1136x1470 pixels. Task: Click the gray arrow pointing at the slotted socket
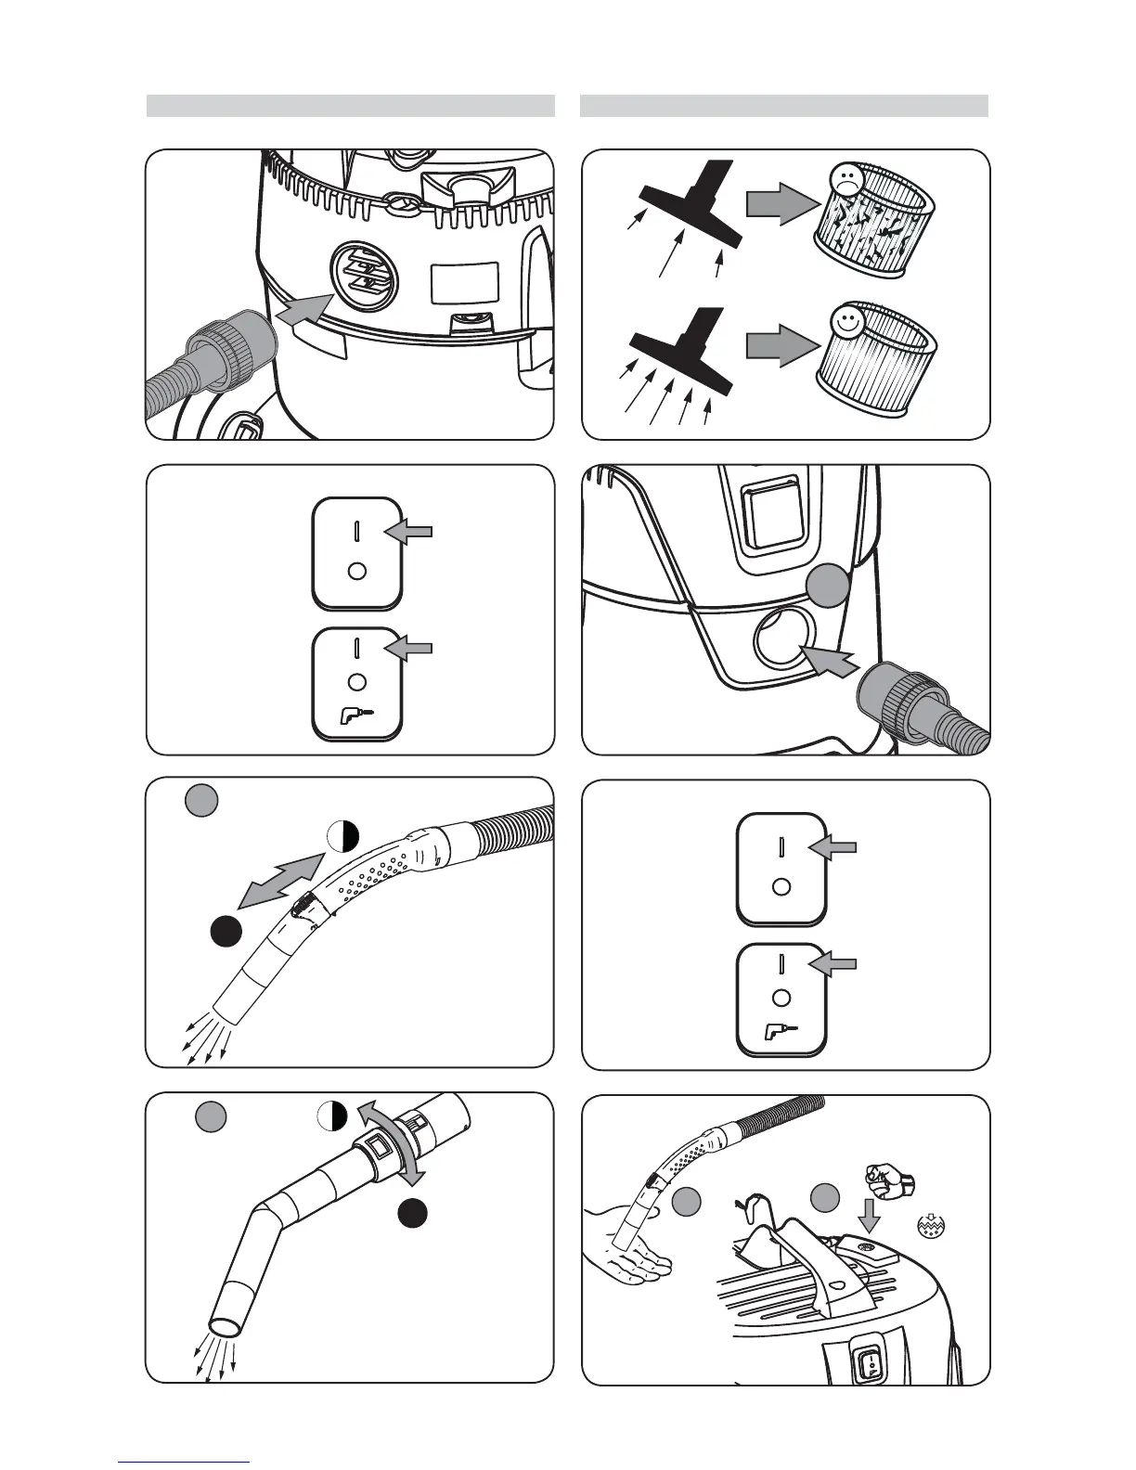click(304, 307)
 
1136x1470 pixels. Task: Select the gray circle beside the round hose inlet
click(827, 587)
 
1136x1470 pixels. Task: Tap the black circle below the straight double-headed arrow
click(226, 931)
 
